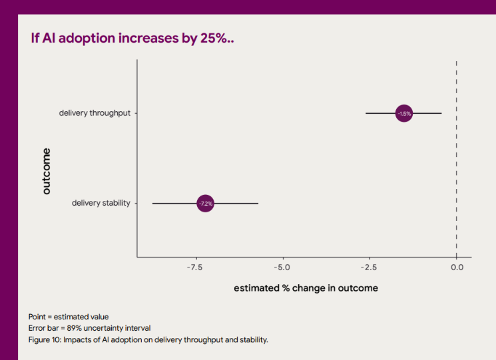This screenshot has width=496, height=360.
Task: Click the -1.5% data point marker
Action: click(x=404, y=114)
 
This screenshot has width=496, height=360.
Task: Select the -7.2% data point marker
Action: click(x=206, y=203)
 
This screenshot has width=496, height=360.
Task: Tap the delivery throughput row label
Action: click(x=95, y=113)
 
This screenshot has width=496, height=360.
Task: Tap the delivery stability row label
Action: click(x=101, y=203)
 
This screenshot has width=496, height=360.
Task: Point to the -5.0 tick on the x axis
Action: click(x=283, y=268)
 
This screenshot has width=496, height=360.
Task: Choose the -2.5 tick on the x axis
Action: click(x=369, y=268)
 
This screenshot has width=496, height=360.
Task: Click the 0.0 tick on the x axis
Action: click(x=456, y=268)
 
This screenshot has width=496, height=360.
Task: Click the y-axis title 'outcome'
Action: click(x=46, y=171)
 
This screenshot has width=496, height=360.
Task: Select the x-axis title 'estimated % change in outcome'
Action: click(x=306, y=288)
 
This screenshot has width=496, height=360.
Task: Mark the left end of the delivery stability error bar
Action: click(x=153, y=203)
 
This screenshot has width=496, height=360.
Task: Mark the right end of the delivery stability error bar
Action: click(x=258, y=203)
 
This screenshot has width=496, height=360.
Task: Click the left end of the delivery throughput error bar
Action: click(x=366, y=114)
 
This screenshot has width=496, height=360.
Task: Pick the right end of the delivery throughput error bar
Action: click(x=441, y=114)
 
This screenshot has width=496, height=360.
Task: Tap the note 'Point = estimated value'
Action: click(x=68, y=316)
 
